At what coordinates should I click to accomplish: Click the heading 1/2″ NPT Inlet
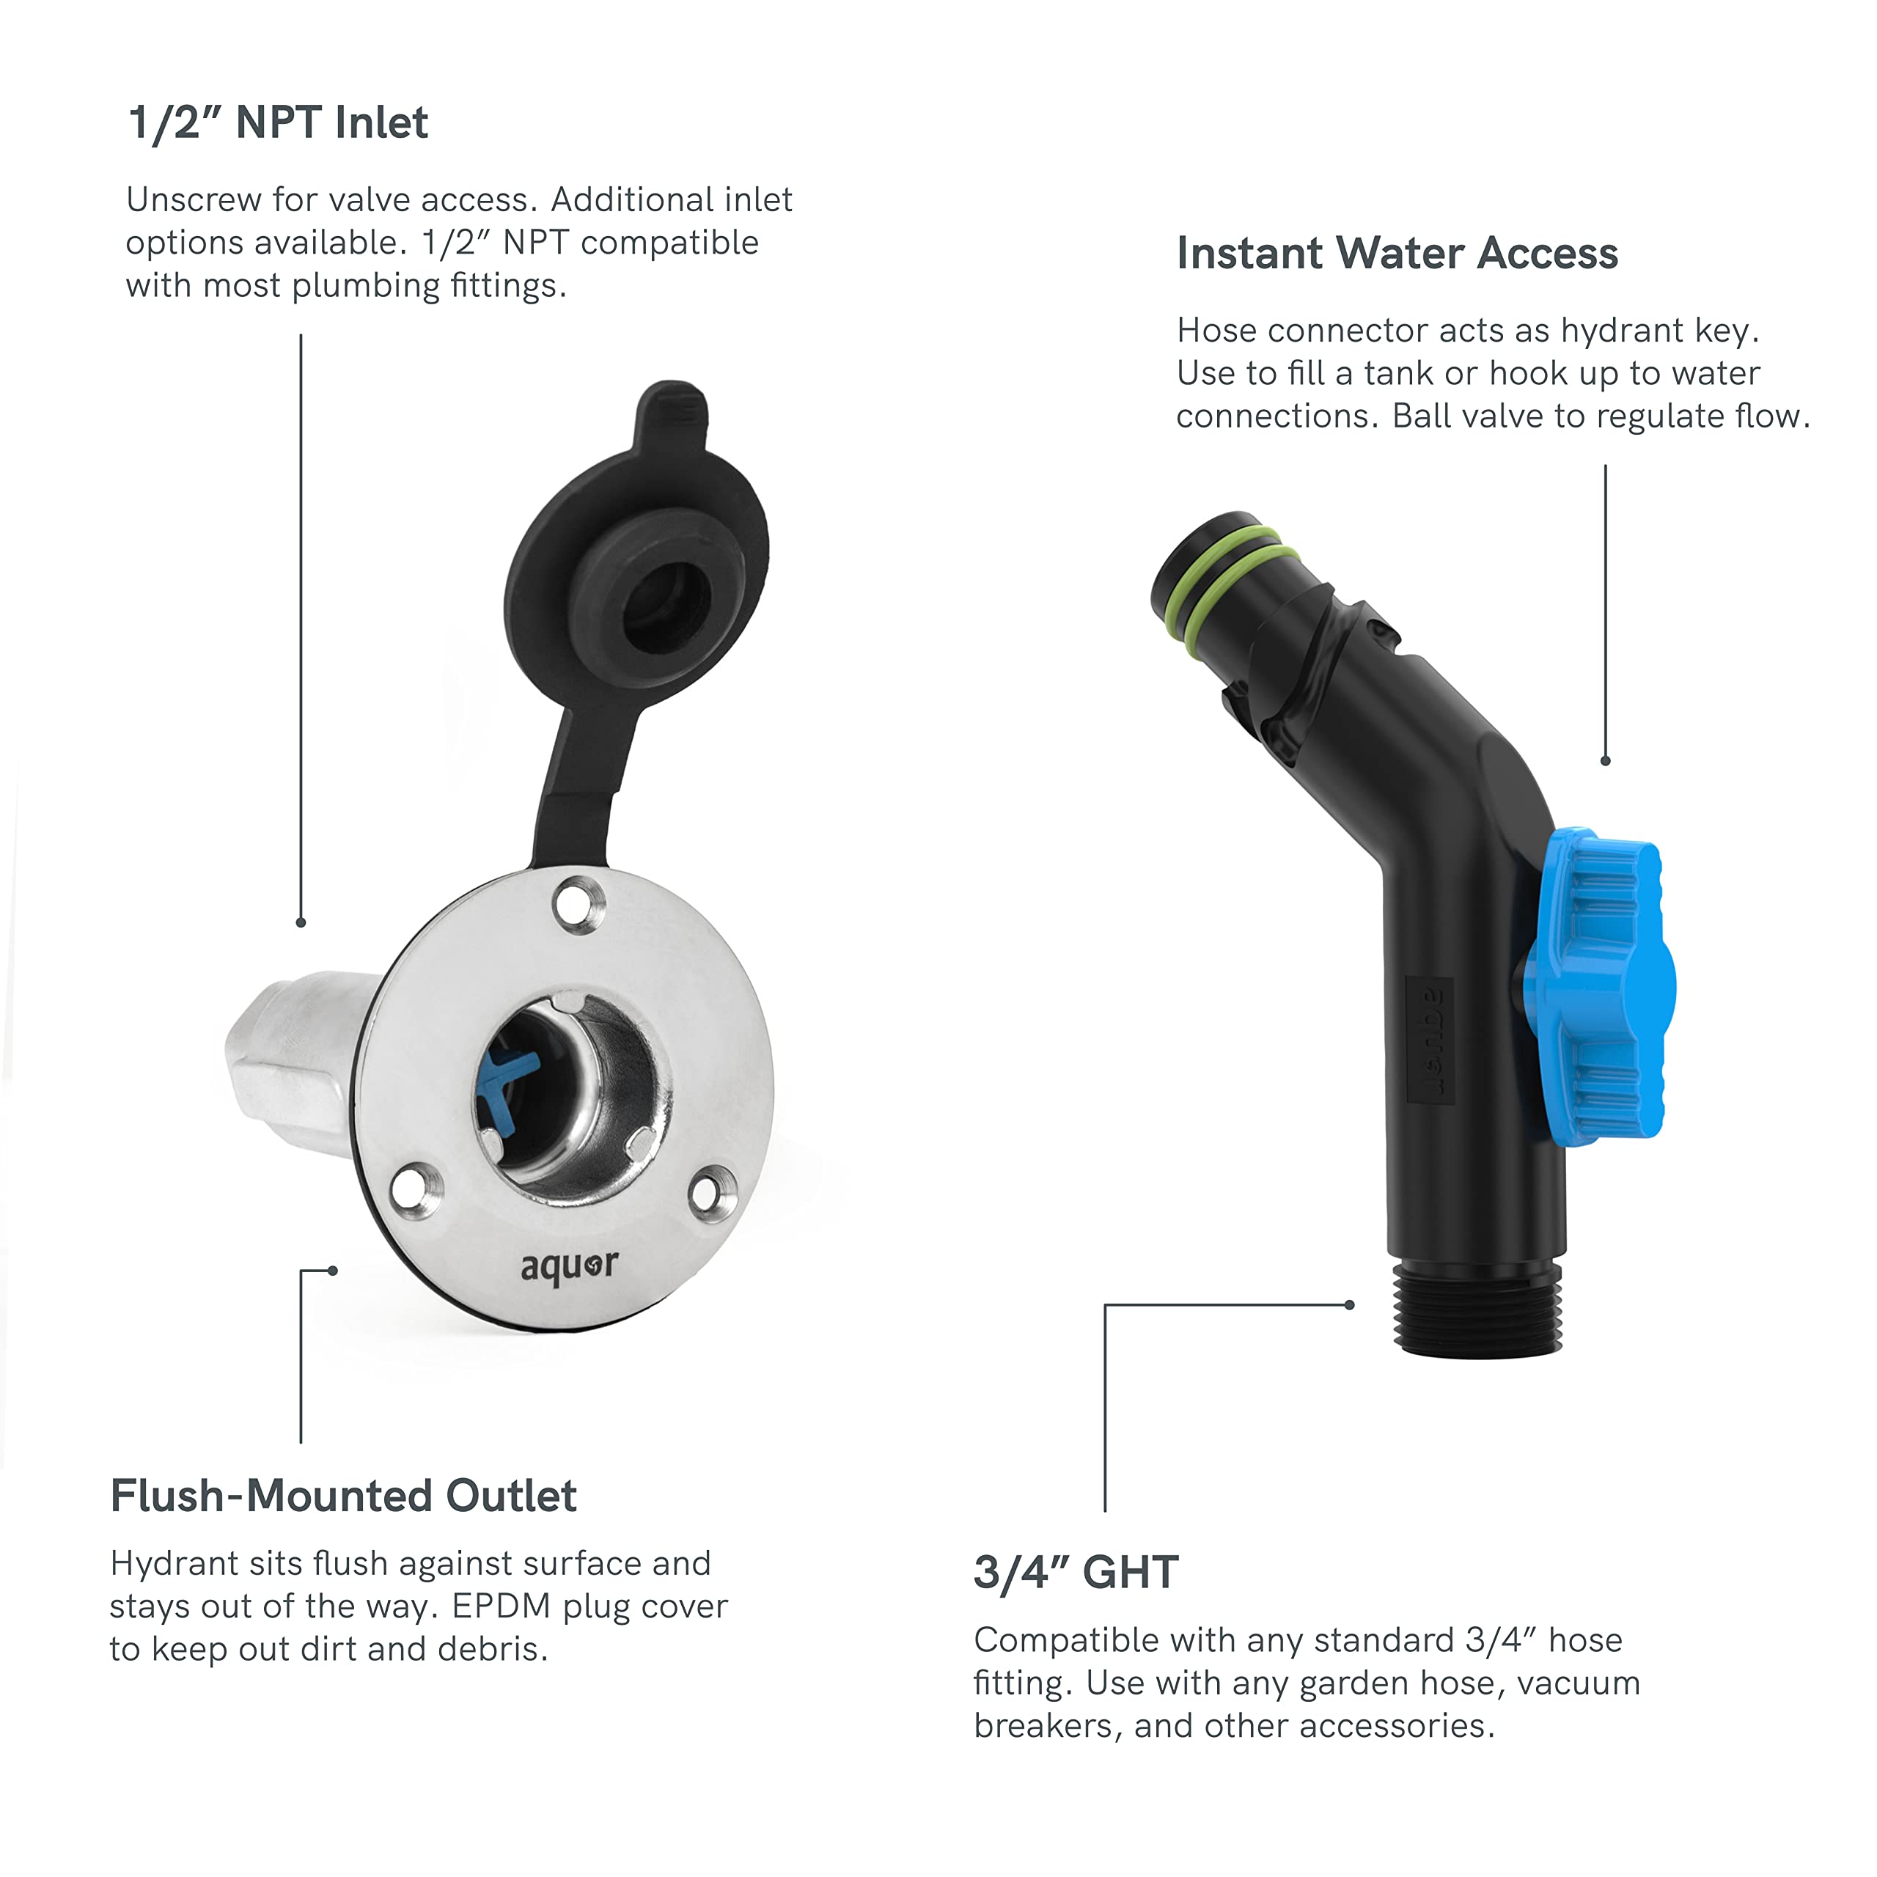point(278,123)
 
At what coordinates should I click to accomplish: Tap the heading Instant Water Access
point(1396,254)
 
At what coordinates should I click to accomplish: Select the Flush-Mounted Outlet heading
point(343,1496)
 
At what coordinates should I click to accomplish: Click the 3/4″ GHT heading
point(1076,1573)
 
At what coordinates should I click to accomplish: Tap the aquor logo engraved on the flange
point(568,1266)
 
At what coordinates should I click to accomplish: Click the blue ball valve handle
point(1598,984)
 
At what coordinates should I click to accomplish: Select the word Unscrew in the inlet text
point(194,200)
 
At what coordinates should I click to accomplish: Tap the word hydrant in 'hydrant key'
point(1623,331)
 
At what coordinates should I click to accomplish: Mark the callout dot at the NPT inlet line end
point(301,922)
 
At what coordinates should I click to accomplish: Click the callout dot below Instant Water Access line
point(1605,761)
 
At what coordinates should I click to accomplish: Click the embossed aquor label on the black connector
point(1430,1040)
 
